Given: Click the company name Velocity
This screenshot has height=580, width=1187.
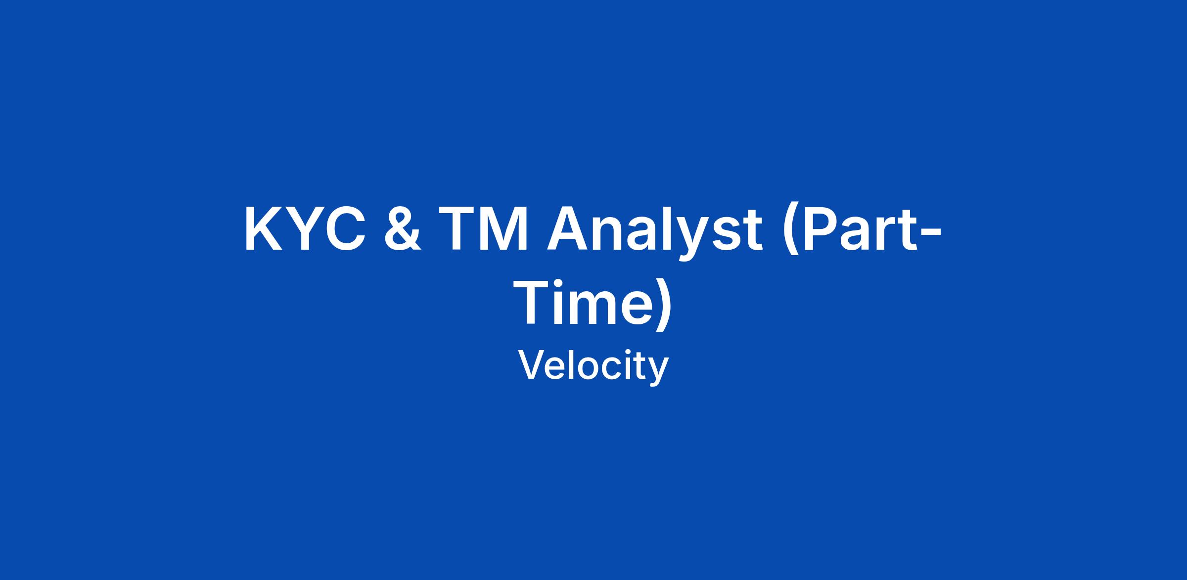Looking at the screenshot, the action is (x=593, y=366).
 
